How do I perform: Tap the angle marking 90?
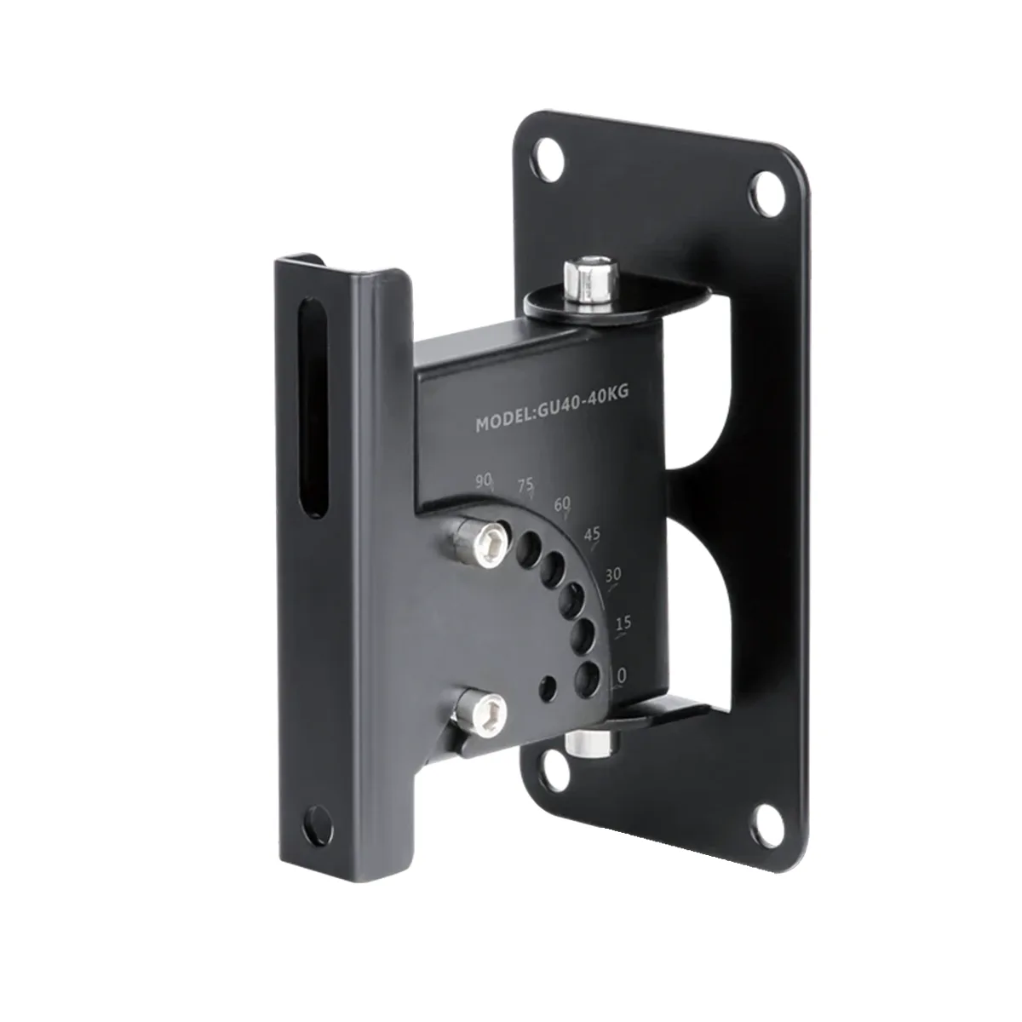pyautogui.click(x=485, y=482)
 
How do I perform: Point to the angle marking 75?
pyautogui.click(x=526, y=485)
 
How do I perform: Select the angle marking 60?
pyautogui.click(x=562, y=503)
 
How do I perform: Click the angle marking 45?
pyautogui.click(x=592, y=534)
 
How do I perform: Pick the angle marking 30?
pyautogui.click(x=612, y=575)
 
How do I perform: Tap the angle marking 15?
pyautogui.click(x=623, y=623)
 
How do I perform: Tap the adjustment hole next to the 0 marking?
pyautogui.click(x=586, y=678)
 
